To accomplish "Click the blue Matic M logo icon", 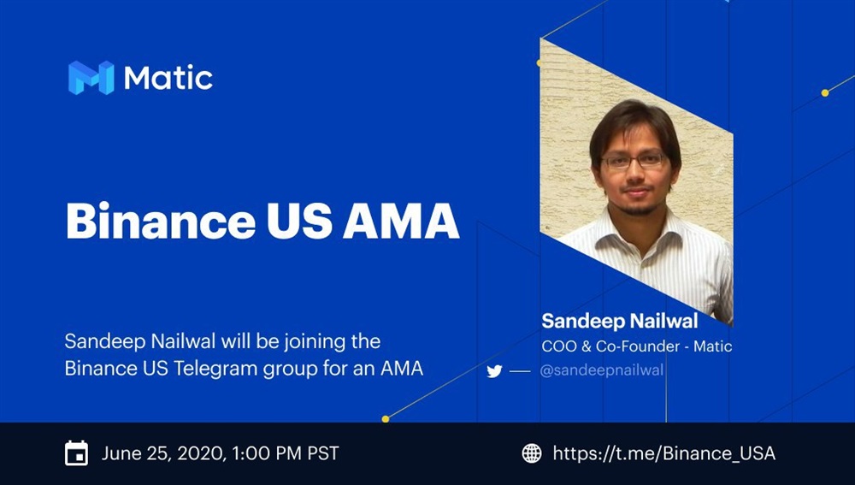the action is tap(91, 78).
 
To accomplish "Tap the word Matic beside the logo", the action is tap(168, 78).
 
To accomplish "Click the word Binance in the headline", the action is tap(161, 221).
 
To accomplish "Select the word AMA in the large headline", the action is tap(401, 221).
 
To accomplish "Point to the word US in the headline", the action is tap(299, 221).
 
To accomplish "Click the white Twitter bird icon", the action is tap(494, 371).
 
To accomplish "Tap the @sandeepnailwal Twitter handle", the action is tap(601, 370).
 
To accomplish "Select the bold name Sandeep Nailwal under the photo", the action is tap(619, 321).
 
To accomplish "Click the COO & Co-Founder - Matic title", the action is tap(637, 346).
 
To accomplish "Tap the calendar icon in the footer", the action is tap(76, 453).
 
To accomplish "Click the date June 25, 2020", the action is tap(161, 453).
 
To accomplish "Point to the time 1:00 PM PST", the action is tap(286, 453).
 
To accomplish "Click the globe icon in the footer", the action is tap(532, 453).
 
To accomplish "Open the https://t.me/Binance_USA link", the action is tap(664, 453).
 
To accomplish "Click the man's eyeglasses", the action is tap(634, 160).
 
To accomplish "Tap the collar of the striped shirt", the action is tap(638, 232).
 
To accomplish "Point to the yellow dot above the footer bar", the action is tap(386, 419).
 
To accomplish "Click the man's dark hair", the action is tap(635, 123).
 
